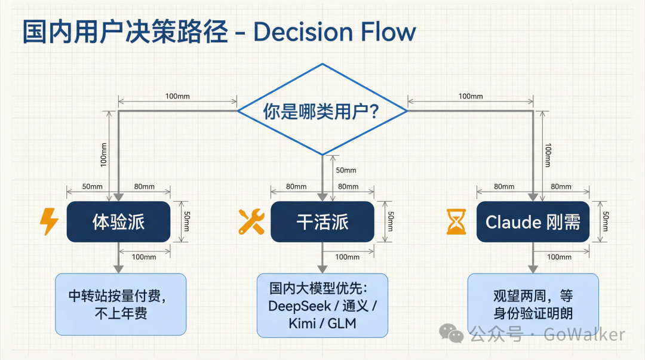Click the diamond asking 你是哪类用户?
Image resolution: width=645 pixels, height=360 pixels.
click(x=322, y=110)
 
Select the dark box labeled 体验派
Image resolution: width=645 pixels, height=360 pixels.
click(x=118, y=221)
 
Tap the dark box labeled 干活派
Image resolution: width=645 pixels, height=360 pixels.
click(x=322, y=221)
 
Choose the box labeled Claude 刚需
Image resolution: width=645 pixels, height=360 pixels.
click(x=533, y=221)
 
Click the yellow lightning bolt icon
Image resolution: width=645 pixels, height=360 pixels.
click(x=49, y=221)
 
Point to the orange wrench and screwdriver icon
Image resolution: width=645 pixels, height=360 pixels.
click(x=251, y=221)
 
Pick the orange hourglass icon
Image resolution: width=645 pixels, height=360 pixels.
click(x=456, y=221)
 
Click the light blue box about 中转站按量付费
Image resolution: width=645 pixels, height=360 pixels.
click(x=121, y=304)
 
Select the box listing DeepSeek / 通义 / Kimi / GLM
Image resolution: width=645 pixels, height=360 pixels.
click(x=322, y=305)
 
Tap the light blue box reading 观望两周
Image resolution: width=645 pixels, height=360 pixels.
click(x=533, y=304)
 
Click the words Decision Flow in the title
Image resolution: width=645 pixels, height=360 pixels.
click(x=335, y=32)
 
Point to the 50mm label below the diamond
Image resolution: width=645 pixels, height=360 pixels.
click(x=346, y=170)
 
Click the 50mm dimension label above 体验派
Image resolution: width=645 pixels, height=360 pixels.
click(x=92, y=186)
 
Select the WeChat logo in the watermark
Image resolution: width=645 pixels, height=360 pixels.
click(x=451, y=333)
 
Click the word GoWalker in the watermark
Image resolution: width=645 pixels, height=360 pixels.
click(x=585, y=334)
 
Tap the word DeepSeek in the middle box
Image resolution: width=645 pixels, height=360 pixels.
click(x=299, y=306)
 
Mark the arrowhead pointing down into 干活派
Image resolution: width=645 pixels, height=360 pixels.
click(x=322, y=197)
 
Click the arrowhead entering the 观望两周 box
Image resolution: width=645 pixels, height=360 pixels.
click(x=533, y=269)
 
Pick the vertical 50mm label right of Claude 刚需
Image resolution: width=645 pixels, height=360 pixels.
click(x=606, y=221)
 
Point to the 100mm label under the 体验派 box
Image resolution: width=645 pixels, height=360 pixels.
click(x=144, y=257)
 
